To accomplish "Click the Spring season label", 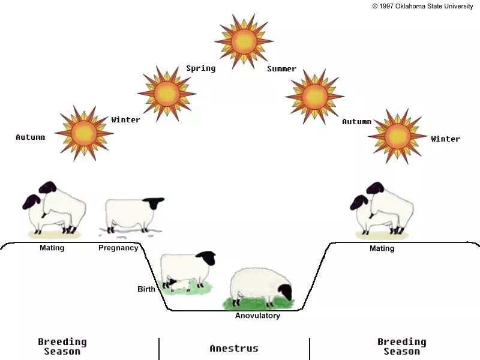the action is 201,68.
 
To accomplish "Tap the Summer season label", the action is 281,68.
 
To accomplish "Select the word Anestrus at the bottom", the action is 234,349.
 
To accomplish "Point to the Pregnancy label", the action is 118,248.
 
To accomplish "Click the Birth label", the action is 146,289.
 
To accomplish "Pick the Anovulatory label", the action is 257,316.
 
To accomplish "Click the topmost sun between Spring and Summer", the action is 244,41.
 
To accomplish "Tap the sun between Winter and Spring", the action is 167,94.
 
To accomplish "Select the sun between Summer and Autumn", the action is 314,97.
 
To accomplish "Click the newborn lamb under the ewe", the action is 181,284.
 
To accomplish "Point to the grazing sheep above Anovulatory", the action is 261,287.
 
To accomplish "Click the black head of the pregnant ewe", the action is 154,203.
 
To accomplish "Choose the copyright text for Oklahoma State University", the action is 422,6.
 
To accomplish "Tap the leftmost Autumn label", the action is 31,137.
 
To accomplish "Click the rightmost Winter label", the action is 445,139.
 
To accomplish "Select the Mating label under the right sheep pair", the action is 382,248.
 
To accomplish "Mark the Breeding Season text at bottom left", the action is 62,347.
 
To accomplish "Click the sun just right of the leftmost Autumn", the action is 84,133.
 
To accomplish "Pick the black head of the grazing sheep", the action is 286,292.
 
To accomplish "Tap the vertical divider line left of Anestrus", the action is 159,349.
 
